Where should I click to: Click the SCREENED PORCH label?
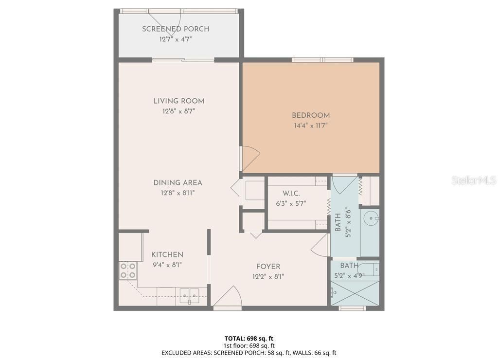[x=176, y=29]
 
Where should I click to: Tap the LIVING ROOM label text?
[x=178, y=101]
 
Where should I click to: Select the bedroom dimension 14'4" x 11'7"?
[x=311, y=126]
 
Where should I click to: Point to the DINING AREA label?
[x=178, y=183]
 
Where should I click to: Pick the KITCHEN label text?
[x=167, y=255]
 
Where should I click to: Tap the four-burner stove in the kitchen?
[x=128, y=270]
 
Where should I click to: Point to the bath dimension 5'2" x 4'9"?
[x=349, y=275]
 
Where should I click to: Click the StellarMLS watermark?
[x=474, y=180]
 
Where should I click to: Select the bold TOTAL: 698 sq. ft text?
[x=249, y=338]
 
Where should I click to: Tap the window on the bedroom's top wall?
[x=322, y=60]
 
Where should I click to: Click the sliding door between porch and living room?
[x=183, y=60]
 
